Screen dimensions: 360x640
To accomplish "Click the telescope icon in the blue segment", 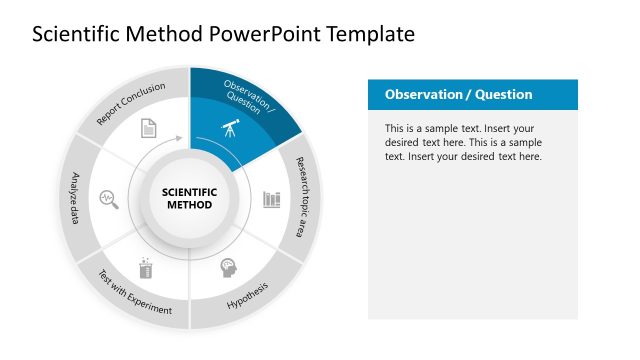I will pos(229,130).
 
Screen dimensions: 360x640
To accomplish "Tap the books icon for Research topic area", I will pos(271,199).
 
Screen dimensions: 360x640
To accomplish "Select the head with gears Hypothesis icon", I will pos(228,268).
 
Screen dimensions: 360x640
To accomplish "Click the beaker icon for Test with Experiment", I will pos(146,267).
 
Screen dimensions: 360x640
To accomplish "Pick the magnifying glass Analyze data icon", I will pos(108,198).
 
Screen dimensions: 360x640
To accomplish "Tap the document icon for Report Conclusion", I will pos(148,128).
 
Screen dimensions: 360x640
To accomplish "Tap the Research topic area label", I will pos(302,197).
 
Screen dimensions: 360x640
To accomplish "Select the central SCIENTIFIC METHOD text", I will pos(189,198).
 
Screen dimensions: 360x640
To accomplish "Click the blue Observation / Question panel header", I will pos(473,95).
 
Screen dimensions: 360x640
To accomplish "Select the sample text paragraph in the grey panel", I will pos(464,143).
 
